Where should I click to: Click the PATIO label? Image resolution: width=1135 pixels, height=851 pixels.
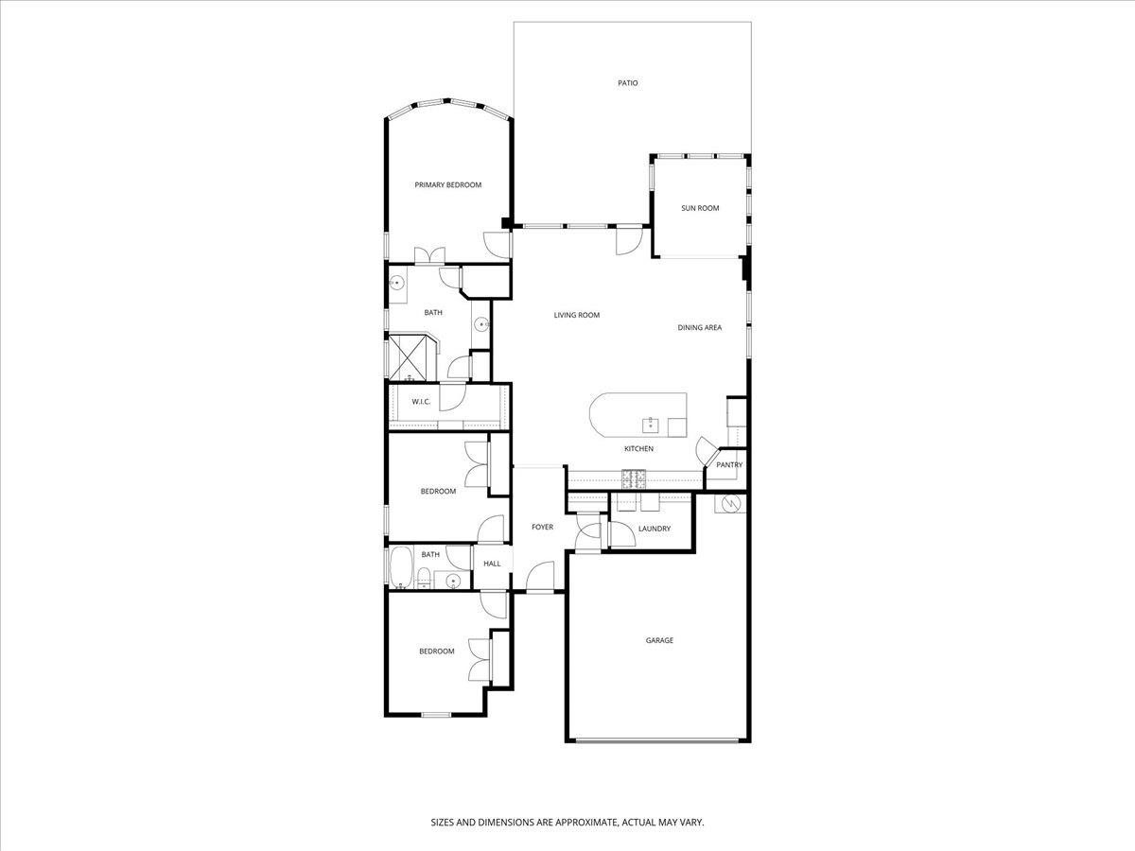click(628, 83)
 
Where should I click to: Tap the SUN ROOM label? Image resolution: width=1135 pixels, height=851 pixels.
click(700, 208)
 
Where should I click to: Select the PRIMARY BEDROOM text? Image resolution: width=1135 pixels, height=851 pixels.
click(448, 185)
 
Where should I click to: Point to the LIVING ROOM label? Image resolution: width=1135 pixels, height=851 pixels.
click(577, 315)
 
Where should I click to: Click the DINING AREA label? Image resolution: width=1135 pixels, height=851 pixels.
click(700, 328)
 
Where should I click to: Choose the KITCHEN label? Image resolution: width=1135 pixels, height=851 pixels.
click(638, 448)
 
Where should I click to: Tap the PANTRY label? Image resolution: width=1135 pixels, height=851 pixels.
click(729, 465)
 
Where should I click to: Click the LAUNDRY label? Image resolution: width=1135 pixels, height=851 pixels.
click(655, 529)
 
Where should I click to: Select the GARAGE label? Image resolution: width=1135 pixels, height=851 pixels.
click(659, 641)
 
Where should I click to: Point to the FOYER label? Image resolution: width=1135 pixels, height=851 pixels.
click(542, 527)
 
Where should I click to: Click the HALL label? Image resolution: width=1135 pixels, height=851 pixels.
click(492, 564)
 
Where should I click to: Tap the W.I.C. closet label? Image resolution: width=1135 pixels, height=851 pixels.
click(421, 402)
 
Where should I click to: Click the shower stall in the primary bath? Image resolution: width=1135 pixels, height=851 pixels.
click(411, 357)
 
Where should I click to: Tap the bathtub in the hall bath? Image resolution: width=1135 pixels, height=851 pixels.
click(400, 568)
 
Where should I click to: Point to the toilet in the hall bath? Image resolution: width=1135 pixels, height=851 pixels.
click(426, 579)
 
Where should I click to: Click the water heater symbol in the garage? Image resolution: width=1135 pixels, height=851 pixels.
click(730, 505)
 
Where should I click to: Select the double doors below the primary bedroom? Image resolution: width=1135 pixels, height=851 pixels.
click(430, 254)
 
